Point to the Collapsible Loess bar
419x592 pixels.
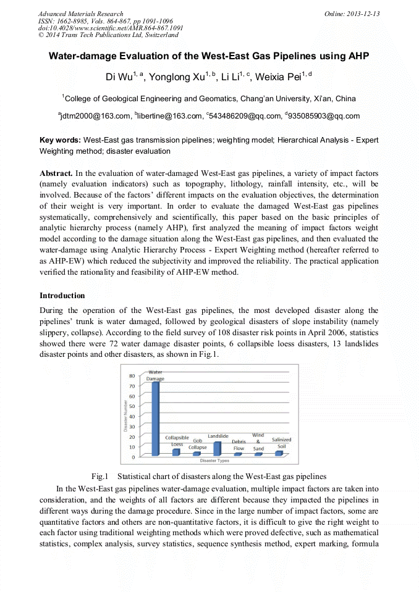pyautogui.click(x=176, y=452)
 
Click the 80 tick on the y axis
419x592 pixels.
pyautogui.click(x=132, y=376)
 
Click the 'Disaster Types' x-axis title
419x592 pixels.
pyautogui.click(x=214, y=461)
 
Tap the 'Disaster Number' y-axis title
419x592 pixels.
pyautogui.click(x=125, y=416)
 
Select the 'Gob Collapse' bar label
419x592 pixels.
pyautogui.click(x=198, y=444)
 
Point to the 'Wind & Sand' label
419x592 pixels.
pyautogui.click(x=258, y=442)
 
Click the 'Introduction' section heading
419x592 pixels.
pyautogui.click(x=62, y=296)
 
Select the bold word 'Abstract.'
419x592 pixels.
pyautogui.click(x=57, y=172)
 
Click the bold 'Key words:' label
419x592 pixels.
pyautogui.click(x=60, y=140)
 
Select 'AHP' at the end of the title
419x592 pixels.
pyautogui.click(x=357, y=56)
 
